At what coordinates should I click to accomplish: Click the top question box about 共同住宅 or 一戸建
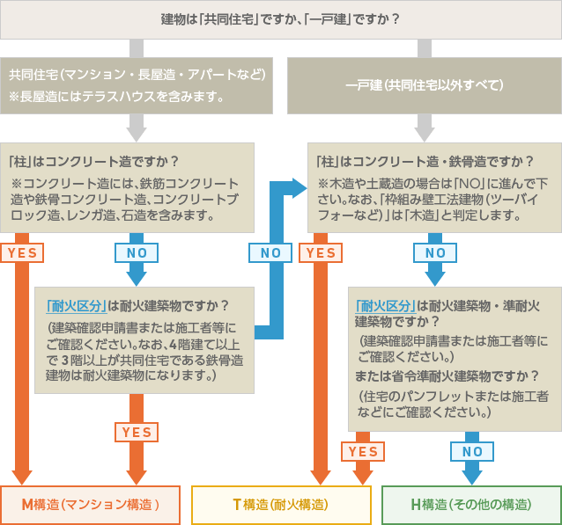point(280,18)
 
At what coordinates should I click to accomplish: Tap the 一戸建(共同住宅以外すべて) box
point(424,85)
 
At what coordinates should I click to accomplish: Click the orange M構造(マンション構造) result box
point(91,505)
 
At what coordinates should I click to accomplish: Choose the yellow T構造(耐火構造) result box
point(280,505)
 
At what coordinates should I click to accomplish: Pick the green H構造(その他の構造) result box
point(470,505)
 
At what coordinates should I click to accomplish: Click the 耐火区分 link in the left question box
point(76,306)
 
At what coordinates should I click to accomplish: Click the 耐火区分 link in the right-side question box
point(385,306)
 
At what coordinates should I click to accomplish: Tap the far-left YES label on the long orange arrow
point(22,252)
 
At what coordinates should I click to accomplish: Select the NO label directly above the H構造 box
point(472,452)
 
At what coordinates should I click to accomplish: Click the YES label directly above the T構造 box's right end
point(362,452)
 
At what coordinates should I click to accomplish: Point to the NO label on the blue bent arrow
point(270,252)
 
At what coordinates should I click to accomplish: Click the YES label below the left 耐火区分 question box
point(137,432)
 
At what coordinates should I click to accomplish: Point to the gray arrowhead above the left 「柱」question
point(137,134)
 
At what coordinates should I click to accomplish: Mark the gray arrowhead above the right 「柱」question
point(424,134)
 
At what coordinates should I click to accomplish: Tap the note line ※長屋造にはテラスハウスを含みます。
point(116,95)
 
